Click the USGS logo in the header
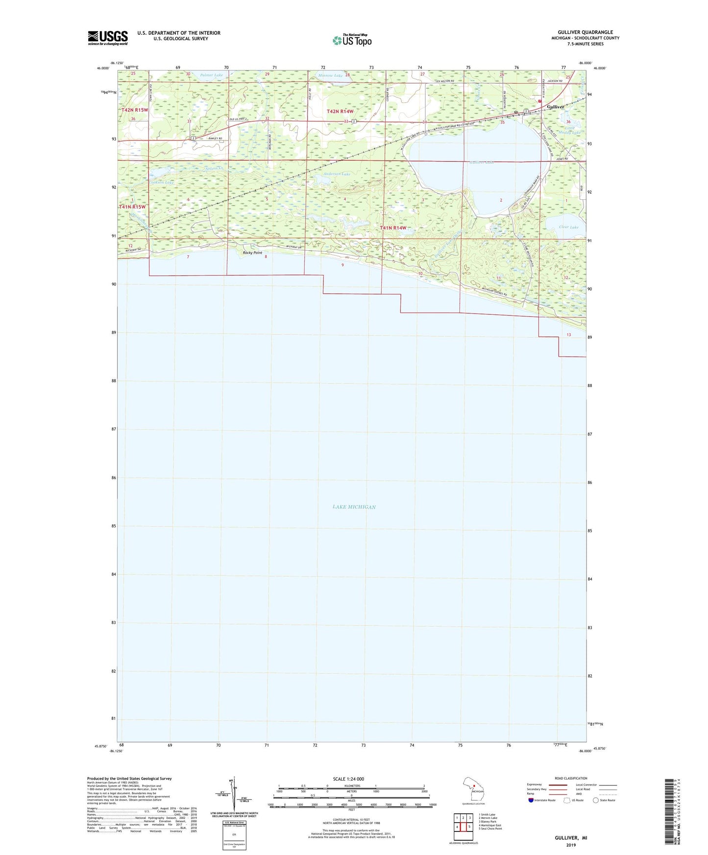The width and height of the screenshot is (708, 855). (108, 38)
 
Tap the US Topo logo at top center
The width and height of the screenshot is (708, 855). (352, 40)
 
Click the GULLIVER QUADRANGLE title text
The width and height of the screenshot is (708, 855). (585, 32)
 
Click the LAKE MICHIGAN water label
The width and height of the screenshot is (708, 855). (354, 507)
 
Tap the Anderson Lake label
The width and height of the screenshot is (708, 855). (337, 174)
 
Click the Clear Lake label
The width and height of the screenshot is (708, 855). (568, 227)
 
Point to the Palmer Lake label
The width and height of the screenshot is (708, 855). (211, 75)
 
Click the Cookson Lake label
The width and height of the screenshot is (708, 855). (161, 182)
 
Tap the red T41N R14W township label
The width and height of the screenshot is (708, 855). (393, 228)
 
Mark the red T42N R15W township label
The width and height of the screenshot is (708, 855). (135, 110)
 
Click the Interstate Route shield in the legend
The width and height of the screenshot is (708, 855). (531, 800)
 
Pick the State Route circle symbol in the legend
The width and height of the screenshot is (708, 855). (595, 800)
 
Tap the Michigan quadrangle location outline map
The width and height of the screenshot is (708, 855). (473, 789)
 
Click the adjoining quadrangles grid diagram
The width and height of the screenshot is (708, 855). (463, 824)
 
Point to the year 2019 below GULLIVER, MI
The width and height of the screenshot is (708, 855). (571, 845)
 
